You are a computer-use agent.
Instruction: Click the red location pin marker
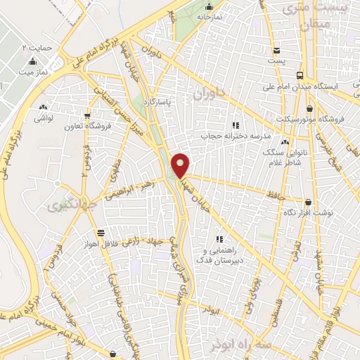pos(181,165)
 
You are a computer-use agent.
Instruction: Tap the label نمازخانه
pos(209,15)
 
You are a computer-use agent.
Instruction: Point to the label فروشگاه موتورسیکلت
pos(330,119)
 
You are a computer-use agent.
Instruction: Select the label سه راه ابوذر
pos(235,345)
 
